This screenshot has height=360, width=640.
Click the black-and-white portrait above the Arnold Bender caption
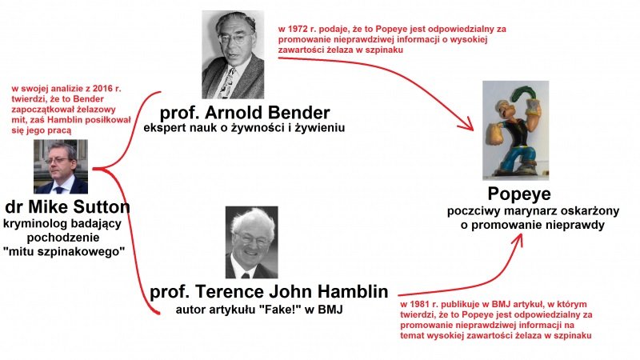click(233, 54)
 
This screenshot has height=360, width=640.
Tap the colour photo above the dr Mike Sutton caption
click(61, 166)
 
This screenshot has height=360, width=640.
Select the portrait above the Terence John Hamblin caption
click(251, 242)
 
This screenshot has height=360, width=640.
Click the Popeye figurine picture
click(515, 130)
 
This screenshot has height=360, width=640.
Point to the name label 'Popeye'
click(519, 194)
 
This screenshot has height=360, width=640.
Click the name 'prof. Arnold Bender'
click(245, 113)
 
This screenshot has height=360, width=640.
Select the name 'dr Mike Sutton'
click(67, 207)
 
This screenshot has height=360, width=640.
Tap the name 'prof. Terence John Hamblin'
click(269, 291)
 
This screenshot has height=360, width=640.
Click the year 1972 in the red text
click(298, 30)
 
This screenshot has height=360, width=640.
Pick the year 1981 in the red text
click(421, 305)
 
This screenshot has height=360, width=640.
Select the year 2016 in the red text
click(103, 89)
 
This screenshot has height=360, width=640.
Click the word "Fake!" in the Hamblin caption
click(279, 310)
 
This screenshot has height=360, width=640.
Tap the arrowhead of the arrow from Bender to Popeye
click(467, 126)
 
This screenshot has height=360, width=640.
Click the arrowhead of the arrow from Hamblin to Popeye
click(518, 239)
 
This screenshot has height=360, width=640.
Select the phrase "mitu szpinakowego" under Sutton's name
click(64, 252)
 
